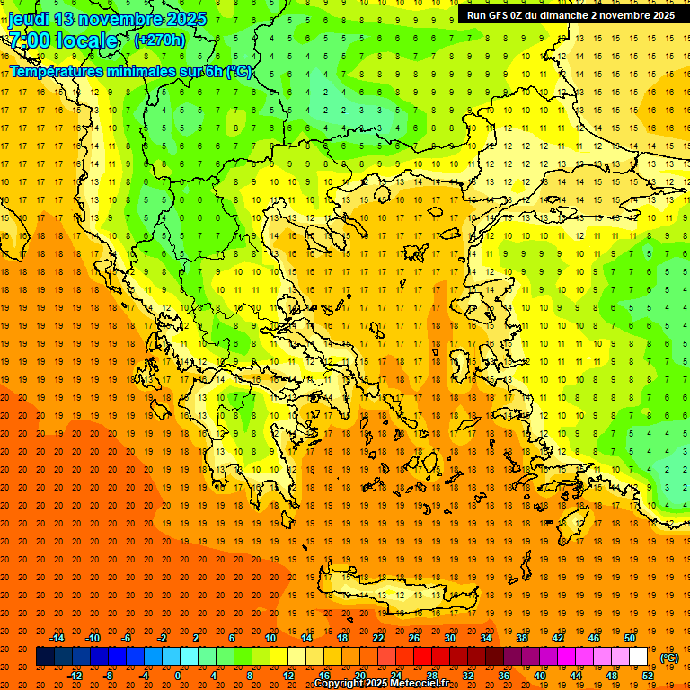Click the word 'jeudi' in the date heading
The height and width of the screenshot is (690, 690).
(x=30, y=19)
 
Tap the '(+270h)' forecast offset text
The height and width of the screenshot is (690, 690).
(x=159, y=40)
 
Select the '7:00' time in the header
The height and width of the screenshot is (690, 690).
(x=29, y=40)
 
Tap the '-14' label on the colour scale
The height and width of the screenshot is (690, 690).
(x=57, y=638)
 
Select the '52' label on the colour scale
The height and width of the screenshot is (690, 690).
(x=648, y=676)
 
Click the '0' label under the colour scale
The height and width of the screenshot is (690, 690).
(x=178, y=676)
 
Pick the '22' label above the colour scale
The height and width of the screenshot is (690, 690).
(x=378, y=638)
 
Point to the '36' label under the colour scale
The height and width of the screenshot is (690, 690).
(x=504, y=676)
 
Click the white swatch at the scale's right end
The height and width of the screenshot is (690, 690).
(x=639, y=657)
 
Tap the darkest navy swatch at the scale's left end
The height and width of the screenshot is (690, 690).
(x=45, y=657)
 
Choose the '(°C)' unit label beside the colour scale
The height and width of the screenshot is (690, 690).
(x=669, y=658)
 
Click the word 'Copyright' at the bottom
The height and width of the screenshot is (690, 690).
(x=339, y=684)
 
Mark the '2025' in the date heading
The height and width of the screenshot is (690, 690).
(x=185, y=19)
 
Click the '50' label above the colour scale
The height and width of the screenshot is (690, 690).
(x=629, y=638)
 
